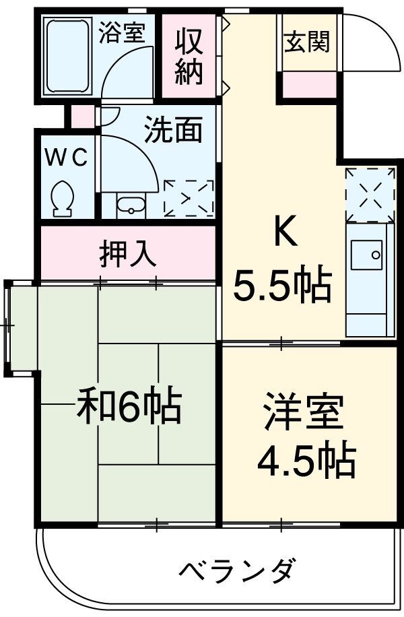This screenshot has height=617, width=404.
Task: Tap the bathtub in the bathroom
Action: (67, 56)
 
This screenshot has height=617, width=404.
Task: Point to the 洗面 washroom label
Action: (173, 131)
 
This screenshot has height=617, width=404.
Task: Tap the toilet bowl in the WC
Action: (63, 197)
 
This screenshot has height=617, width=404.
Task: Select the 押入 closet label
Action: (128, 254)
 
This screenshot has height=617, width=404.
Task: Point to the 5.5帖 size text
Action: (282, 286)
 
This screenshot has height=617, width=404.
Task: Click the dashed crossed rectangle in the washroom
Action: (189, 197)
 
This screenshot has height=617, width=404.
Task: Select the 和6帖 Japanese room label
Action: (128, 405)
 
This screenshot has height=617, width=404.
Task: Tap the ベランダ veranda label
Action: (236, 571)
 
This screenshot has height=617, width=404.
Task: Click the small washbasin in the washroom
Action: (131, 205)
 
